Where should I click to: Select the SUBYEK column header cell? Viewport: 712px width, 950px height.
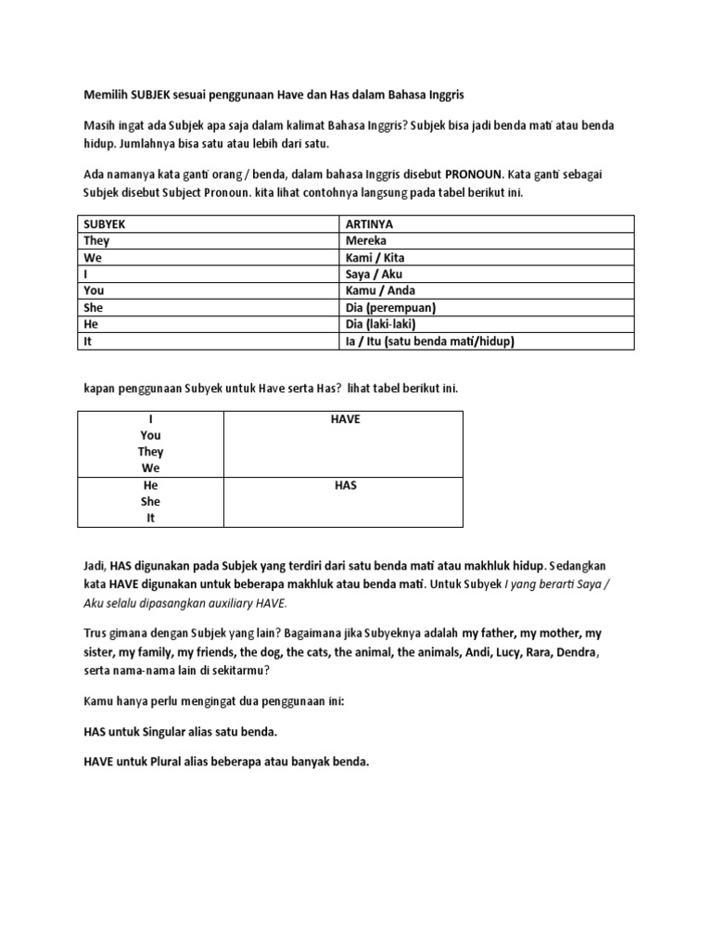tap(106, 224)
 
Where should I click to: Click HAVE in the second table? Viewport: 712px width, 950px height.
tap(346, 419)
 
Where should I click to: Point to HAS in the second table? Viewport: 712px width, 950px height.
tap(346, 485)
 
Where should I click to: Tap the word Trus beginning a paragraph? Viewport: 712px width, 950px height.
tap(96, 633)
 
